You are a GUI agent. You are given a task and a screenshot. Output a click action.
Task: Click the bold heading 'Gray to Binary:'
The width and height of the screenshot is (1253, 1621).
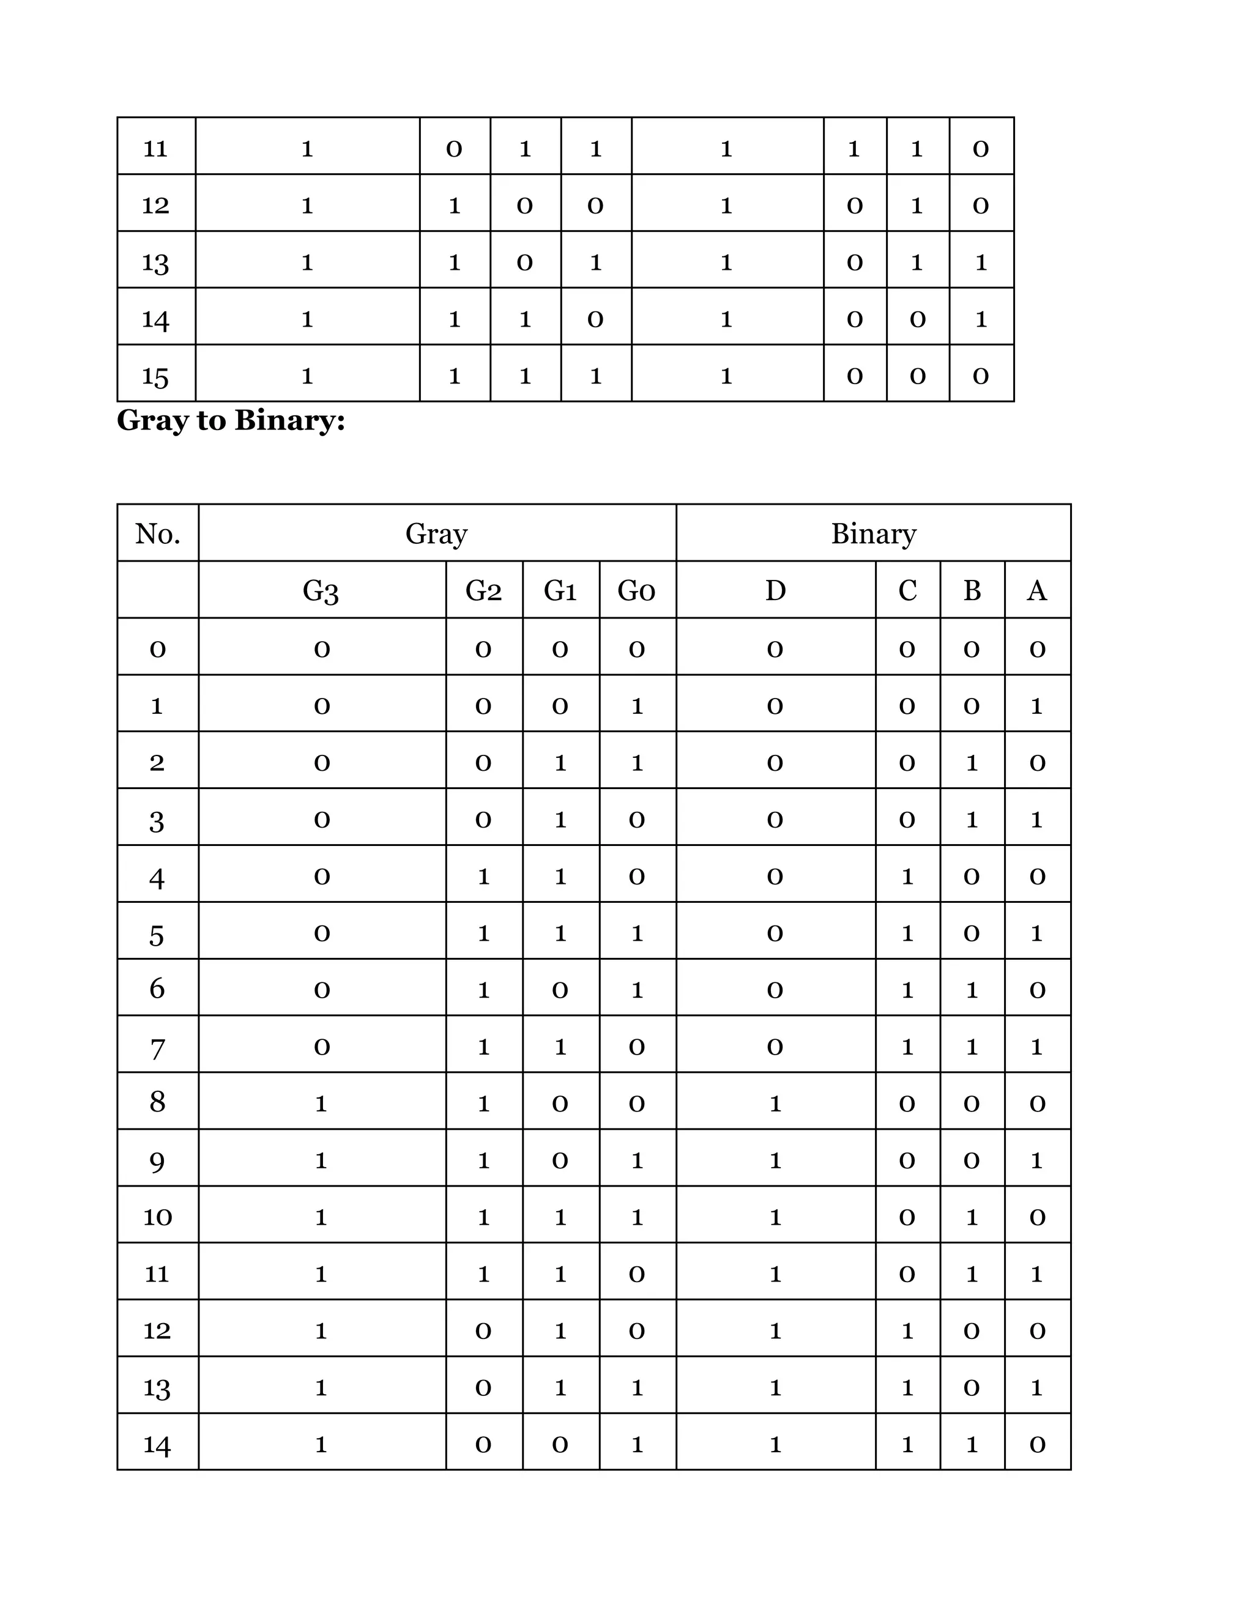click(231, 421)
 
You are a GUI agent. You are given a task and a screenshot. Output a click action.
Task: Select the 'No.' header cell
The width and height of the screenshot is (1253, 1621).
click(157, 533)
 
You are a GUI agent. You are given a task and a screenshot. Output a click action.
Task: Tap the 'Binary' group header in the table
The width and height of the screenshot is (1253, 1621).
click(873, 533)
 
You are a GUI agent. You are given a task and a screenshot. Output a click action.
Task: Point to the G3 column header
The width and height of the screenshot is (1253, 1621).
click(321, 591)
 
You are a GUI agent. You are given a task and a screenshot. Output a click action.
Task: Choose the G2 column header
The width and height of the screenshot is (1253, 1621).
click(483, 591)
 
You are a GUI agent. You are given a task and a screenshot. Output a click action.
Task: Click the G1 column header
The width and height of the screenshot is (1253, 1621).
click(560, 591)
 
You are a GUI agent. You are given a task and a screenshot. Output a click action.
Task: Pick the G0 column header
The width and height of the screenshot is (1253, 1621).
click(637, 591)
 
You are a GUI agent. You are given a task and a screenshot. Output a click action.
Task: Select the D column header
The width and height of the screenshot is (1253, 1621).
click(775, 591)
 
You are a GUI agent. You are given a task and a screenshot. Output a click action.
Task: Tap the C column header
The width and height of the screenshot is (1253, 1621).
click(907, 591)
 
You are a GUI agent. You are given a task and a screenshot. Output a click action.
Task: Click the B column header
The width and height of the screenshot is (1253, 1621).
click(972, 591)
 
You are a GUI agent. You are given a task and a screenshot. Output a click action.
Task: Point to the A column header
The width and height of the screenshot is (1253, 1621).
click(1037, 591)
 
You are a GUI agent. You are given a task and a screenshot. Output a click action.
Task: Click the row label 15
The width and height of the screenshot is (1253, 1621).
click(156, 376)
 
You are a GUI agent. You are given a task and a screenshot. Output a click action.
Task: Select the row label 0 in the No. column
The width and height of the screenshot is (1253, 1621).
click(157, 648)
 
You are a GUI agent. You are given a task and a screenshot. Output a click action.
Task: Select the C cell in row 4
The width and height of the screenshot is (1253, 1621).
click(907, 877)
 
